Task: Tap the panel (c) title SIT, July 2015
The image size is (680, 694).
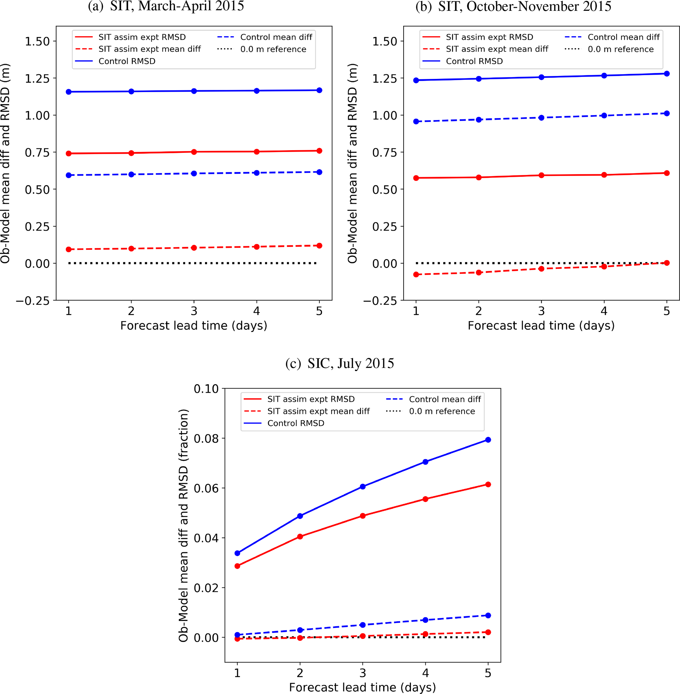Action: [x=340, y=363]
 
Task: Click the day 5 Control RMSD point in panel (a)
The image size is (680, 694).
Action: [x=319, y=90]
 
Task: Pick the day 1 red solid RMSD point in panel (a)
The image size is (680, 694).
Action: [x=68, y=154]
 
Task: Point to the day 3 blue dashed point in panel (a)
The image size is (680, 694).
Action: [x=194, y=173]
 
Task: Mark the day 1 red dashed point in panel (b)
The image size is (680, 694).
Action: [x=416, y=275]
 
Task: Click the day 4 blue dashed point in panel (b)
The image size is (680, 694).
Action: [x=604, y=116]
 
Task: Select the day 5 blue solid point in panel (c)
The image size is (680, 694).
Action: [x=488, y=440]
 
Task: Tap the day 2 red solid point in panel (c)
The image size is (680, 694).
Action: [x=300, y=536]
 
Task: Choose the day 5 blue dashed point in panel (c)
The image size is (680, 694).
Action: [x=488, y=615]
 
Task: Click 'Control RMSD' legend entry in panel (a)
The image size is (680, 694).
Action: [x=127, y=61]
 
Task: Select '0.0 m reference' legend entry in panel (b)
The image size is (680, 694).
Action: [x=620, y=49]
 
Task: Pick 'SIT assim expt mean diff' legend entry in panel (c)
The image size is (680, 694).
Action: [x=318, y=411]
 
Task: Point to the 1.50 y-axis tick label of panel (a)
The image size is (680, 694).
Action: [x=37, y=41]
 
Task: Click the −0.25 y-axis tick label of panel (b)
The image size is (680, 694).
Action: [x=380, y=301]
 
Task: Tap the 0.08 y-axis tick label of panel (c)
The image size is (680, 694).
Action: [x=206, y=439]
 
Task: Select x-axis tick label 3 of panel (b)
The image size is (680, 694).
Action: [x=541, y=311]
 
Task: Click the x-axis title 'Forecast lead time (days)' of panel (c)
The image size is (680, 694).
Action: [x=362, y=687]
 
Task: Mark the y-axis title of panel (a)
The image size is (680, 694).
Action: [x=5, y=163]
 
